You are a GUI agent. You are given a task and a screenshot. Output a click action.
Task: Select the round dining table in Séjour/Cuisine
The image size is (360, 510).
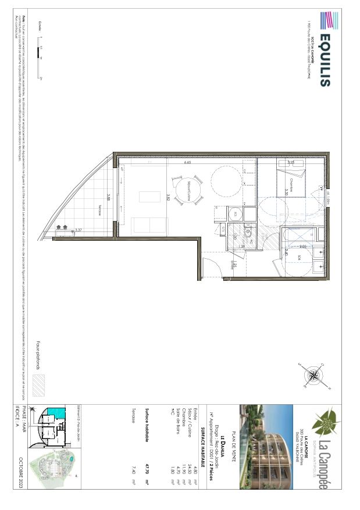coord(187,188)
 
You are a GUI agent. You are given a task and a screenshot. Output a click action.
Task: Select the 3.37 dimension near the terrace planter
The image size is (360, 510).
coord(78,230)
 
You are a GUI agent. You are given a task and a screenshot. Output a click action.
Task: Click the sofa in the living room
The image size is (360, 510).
coord(142,225)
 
